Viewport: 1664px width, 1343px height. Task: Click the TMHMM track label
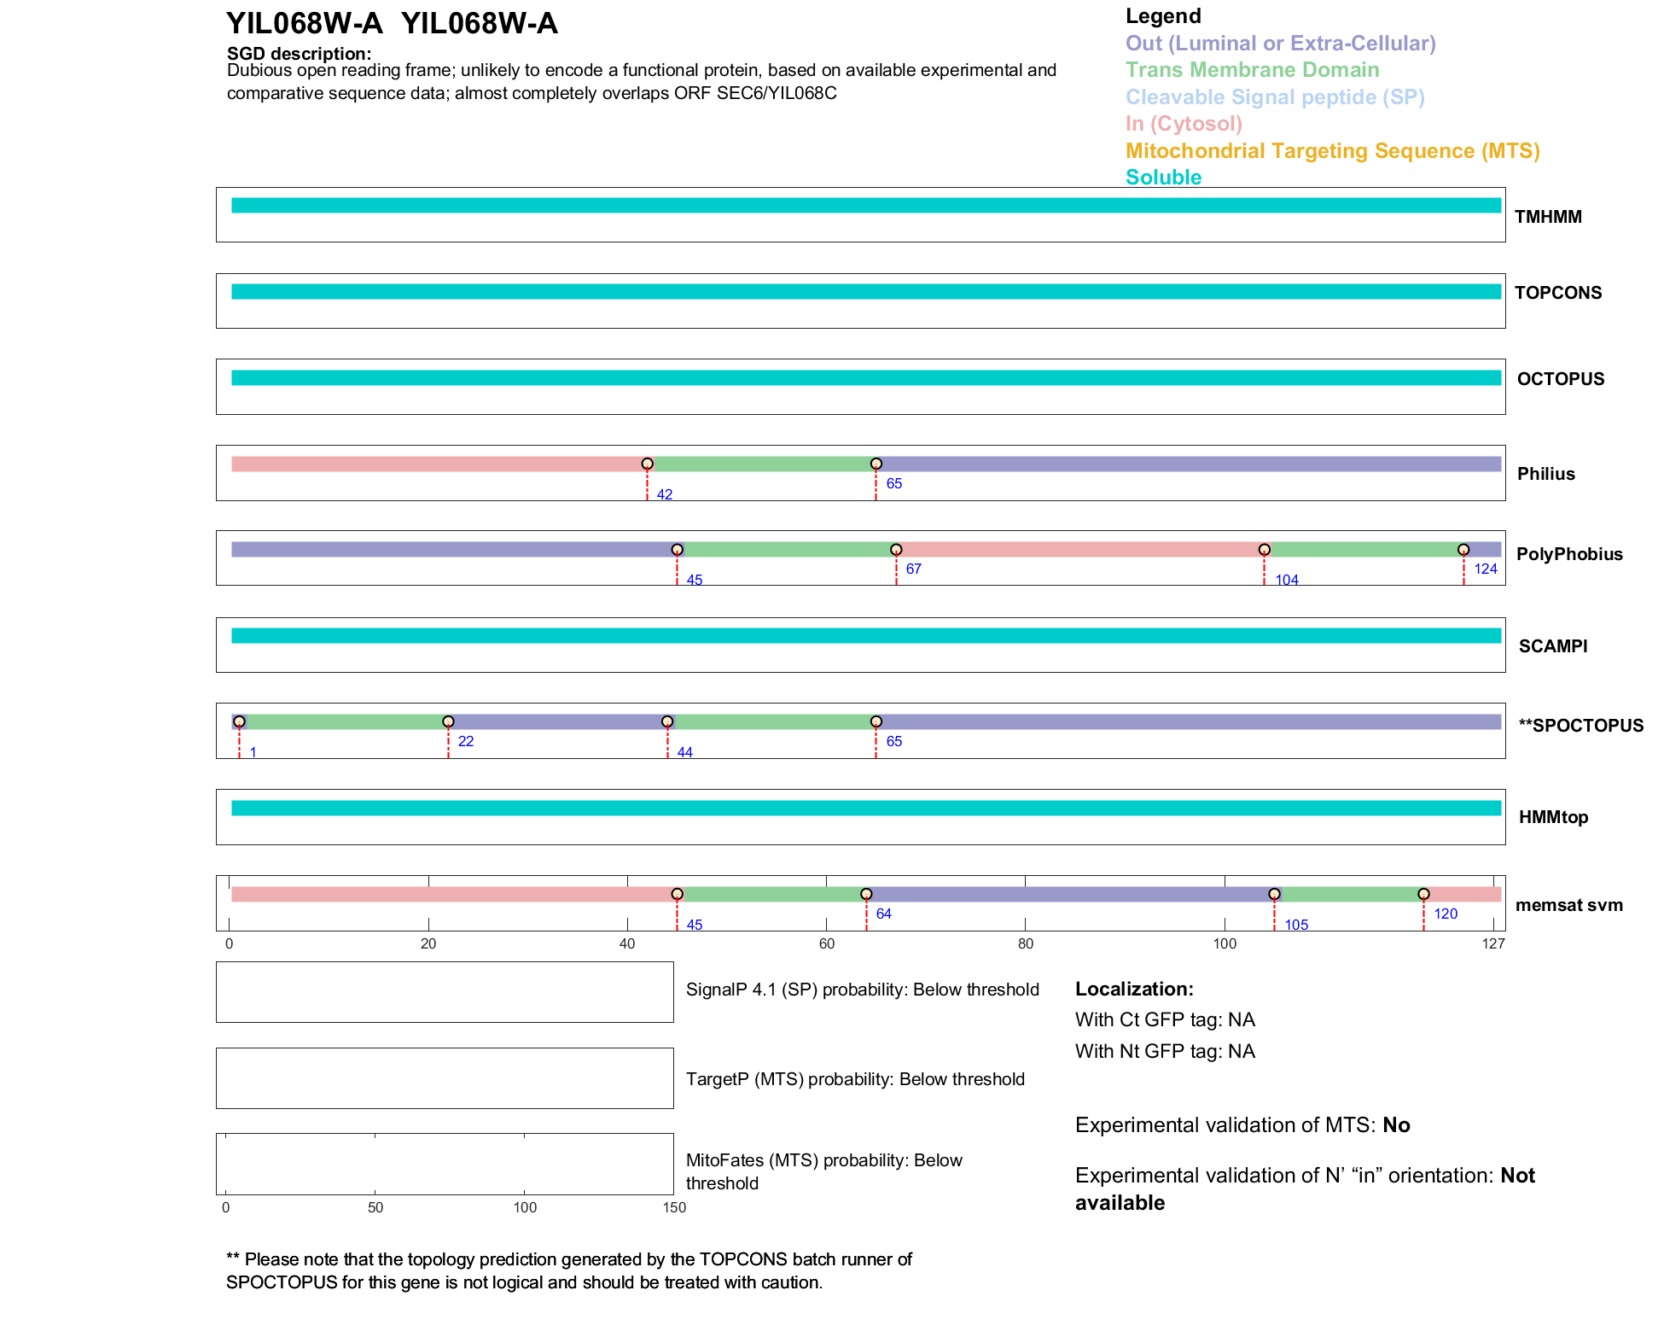1547,217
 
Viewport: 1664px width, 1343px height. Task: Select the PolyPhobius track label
1568,554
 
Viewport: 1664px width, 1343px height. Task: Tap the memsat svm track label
1568,905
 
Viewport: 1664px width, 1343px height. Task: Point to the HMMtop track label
1553,817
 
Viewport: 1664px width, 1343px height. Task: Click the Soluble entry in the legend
1163,178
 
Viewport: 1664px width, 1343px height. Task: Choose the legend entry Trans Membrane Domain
1252,70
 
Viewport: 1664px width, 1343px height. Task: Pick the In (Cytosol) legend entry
1184,124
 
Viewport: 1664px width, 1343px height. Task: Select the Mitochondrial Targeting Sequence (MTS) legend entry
1332,151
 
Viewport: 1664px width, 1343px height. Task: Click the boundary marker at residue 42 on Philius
648,464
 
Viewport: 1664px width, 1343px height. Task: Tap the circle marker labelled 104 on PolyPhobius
1265,550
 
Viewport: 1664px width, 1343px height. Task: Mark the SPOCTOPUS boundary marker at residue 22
448,721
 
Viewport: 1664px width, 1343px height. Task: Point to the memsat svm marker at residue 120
1423,894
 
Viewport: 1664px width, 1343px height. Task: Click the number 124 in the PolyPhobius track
1486,569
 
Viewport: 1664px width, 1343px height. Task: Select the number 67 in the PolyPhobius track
913,569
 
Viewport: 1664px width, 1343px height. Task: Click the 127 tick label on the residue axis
1493,943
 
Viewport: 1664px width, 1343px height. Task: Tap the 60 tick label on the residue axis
826,943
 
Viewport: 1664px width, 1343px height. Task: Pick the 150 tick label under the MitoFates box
674,1207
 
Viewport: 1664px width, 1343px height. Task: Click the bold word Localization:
1134,989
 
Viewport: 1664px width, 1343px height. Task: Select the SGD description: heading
299,54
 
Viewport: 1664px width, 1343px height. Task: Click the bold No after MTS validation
1396,1125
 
